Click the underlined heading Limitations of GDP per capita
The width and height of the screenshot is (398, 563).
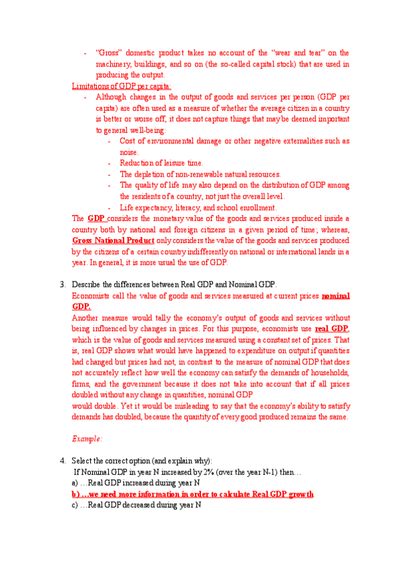coord(121,86)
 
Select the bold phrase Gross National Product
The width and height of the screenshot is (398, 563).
coord(113,240)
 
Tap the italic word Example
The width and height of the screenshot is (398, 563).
coord(87,439)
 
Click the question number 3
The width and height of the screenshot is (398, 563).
coord(62,285)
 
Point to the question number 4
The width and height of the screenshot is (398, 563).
coord(62,461)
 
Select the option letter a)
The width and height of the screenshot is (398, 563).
coord(75,483)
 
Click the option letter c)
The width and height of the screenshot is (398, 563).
coord(75,505)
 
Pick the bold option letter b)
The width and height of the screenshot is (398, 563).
coord(76,494)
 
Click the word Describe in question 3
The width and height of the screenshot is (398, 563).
coord(87,285)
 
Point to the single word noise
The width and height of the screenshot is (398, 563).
coord(129,152)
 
